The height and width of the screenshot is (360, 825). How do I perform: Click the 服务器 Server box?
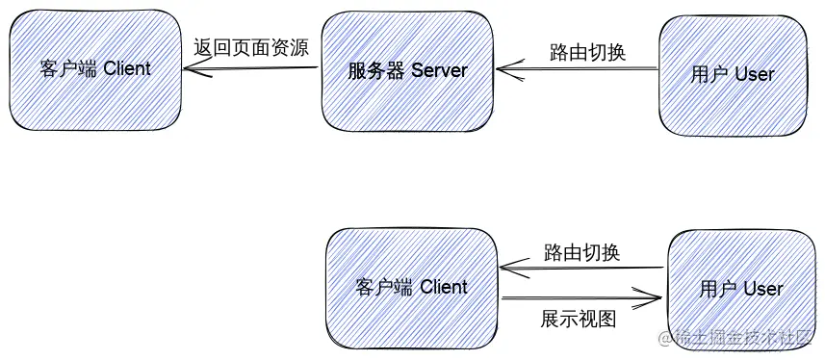click(x=407, y=71)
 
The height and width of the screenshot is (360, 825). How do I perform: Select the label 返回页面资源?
click(x=251, y=48)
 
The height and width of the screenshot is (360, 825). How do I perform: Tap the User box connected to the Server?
click(x=733, y=73)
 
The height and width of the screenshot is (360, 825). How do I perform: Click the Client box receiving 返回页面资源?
click(x=95, y=69)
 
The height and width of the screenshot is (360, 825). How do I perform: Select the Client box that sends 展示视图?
click(x=411, y=286)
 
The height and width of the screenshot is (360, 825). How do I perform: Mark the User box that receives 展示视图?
click(x=740, y=288)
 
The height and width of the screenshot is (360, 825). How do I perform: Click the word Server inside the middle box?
click(x=439, y=71)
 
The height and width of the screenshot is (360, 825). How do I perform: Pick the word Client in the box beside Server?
click(x=125, y=69)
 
